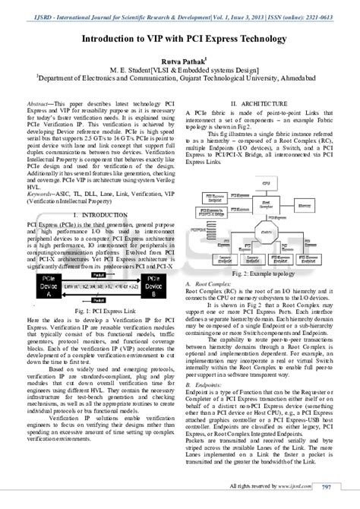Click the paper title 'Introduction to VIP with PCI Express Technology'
pyautogui.click(x=179, y=38)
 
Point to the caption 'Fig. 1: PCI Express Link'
pyautogui.click(x=96, y=290)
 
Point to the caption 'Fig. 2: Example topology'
pyautogui.click(x=264, y=271)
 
